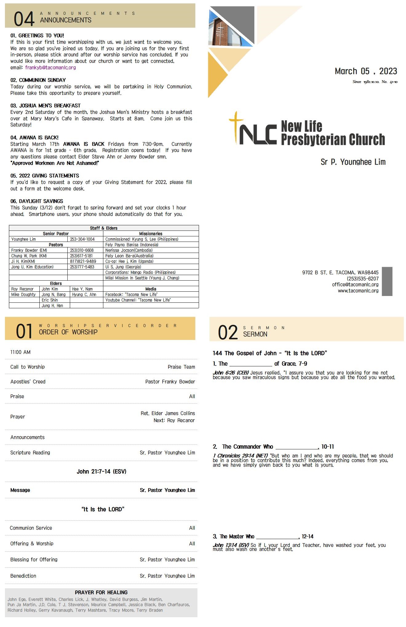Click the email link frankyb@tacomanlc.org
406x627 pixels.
pos(50,68)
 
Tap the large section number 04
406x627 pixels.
pos(24,19)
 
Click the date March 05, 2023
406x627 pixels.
pos(366,71)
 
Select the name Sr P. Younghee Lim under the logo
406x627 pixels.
pos(353,162)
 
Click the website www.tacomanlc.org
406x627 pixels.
pos(358,291)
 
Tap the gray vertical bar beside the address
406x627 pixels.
pos(387,281)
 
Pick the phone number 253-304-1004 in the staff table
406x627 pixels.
pos(82,239)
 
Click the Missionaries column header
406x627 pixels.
pos(151,234)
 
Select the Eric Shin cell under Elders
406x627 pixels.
pos(50,300)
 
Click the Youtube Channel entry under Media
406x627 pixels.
pos(138,300)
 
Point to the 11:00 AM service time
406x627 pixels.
pos(20,352)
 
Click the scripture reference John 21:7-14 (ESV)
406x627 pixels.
pos(101,471)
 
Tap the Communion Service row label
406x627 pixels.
pos(31,528)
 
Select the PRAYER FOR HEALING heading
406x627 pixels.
pos(101,592)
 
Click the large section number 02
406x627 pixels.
pos(228,333)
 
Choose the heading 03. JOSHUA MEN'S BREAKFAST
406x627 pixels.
pos(46,106)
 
